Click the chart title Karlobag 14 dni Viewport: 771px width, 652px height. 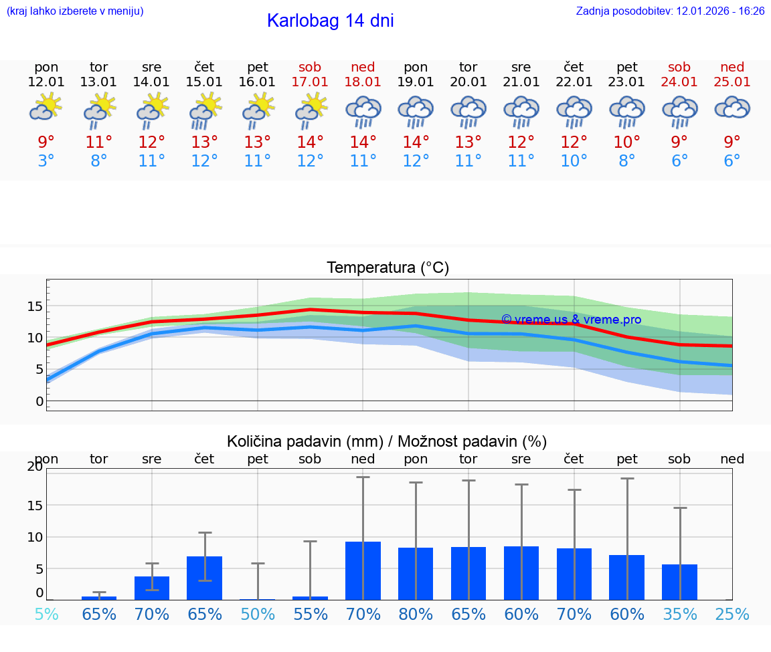330,21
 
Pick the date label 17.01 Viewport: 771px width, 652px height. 310,82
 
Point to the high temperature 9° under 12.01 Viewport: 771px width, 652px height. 46,142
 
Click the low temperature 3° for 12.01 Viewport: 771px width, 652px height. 46,161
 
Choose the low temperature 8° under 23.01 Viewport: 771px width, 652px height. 627,161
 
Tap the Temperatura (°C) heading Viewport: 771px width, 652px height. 388,267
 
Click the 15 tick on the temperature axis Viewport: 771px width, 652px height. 35,306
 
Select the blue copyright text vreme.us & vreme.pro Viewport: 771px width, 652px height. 571,320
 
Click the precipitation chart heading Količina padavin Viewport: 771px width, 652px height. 387,441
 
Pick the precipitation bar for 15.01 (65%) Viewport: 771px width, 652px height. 204,578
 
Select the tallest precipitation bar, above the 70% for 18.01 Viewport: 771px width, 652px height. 363,570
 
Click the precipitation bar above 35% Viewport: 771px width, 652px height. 679,582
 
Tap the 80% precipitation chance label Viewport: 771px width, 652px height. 416,614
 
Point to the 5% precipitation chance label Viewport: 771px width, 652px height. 46,614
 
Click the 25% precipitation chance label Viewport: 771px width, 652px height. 732,614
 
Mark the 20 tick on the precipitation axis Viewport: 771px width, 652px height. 35,467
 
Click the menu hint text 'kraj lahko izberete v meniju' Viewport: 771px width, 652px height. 75,11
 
